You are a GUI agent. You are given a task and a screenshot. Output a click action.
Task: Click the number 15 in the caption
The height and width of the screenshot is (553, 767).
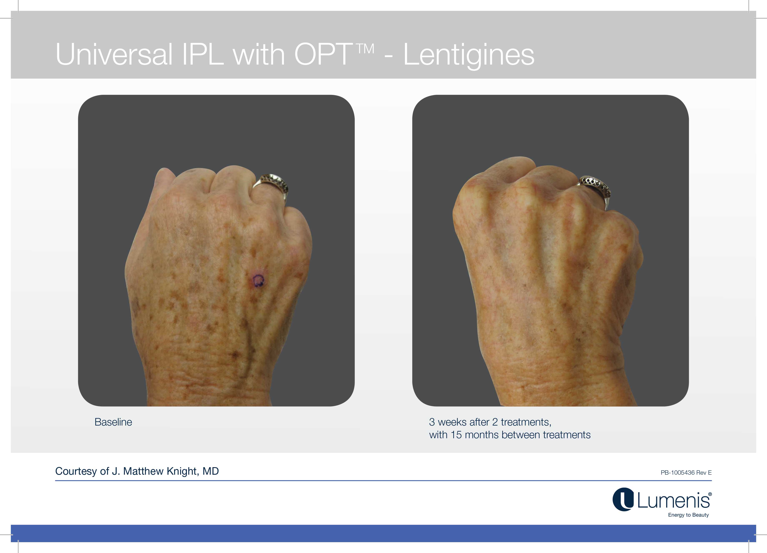456,435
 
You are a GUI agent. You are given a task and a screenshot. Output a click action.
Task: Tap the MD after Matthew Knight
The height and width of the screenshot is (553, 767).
211,471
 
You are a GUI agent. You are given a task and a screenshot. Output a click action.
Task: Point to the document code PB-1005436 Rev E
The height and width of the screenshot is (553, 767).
686,473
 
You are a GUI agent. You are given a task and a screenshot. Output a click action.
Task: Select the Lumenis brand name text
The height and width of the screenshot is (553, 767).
673,501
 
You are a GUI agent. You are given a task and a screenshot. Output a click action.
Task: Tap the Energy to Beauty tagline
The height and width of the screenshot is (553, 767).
688,515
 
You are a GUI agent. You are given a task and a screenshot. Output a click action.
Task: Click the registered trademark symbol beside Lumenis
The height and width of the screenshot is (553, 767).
710,494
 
